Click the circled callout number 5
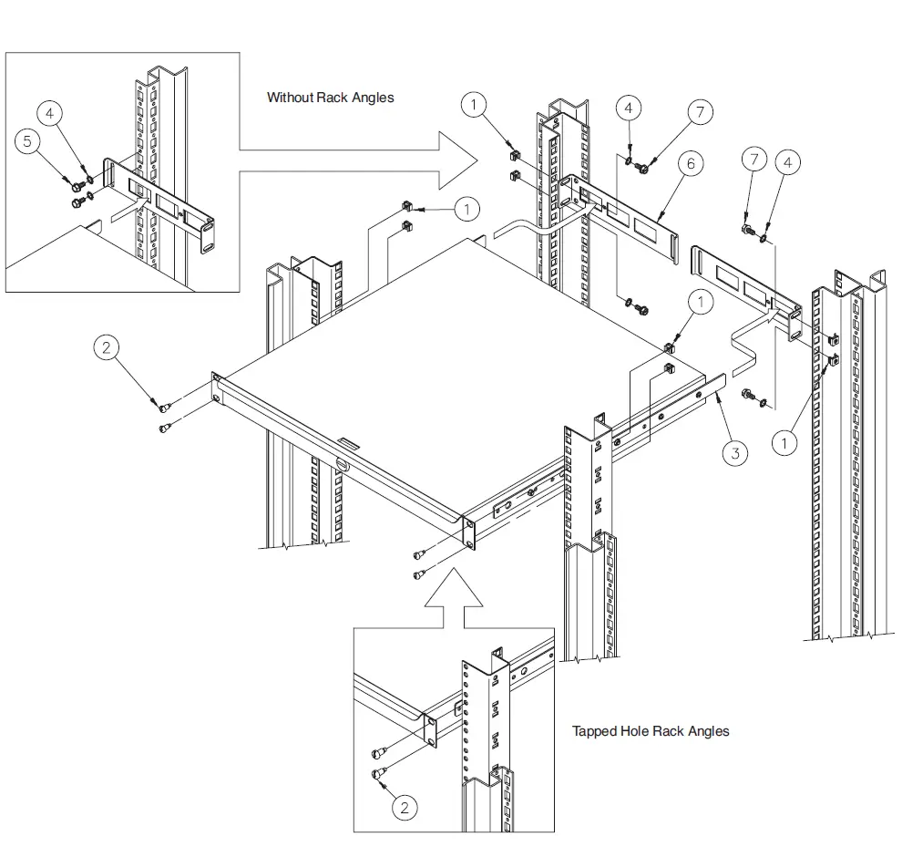pos(28,142)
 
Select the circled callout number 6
pos(691,163)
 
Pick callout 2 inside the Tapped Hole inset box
pos(405,807)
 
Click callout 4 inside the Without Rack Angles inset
pos(50,113)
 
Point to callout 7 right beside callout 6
pos(700,112)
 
